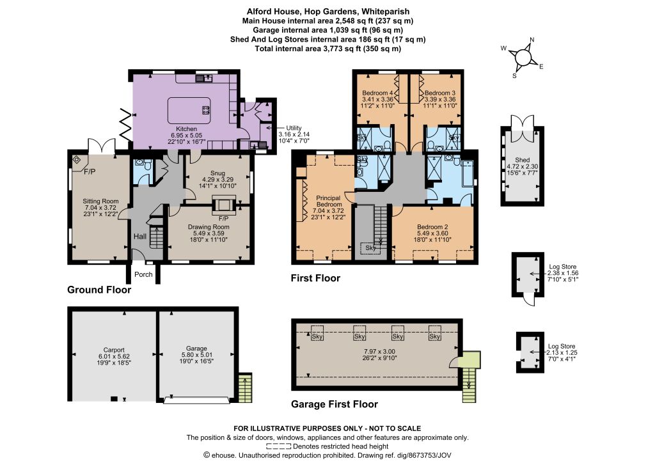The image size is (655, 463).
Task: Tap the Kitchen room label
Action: point(186,129)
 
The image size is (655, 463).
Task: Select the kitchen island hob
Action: point(205,110)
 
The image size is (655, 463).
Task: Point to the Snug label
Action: point(217,173)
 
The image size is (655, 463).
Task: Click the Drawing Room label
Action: point(209,226)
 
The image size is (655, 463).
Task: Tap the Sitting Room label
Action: point(100,201)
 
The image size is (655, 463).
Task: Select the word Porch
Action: point(143,274)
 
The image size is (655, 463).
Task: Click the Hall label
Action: point(140,237)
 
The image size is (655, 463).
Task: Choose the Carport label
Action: point(114,350)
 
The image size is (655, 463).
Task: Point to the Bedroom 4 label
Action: point(377,93)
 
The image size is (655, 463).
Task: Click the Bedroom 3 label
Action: point(440,93)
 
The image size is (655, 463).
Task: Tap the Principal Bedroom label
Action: point(329,201)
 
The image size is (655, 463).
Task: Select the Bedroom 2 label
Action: point(432,226)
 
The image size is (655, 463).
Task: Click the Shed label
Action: point(522,160)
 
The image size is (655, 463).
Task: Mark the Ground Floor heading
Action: point(99,290)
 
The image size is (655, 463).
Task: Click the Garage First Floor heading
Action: point(334,404)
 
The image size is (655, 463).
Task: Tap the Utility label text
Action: point(294,128)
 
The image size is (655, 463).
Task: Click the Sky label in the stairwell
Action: point(370,248)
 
